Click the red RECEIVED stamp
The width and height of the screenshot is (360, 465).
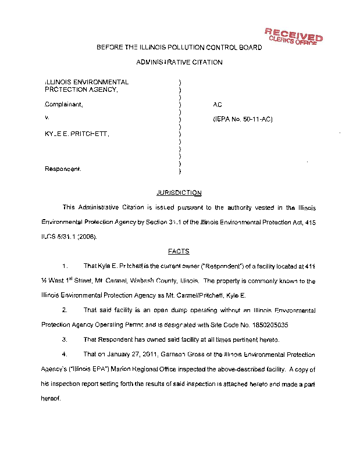(293, 36)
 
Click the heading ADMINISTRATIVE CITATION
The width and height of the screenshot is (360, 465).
(179, 62)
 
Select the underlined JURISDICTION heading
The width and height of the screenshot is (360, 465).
(179, 192)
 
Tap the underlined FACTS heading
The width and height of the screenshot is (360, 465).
(179, 251)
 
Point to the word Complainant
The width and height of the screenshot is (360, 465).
(64, 105)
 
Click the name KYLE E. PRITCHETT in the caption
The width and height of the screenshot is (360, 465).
(77, 134)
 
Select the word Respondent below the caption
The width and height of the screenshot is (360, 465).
(63, 169)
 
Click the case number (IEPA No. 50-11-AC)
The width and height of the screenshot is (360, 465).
(243, 120)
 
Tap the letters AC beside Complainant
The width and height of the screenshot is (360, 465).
(218, 105)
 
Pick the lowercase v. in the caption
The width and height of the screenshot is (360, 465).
(47, 119)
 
